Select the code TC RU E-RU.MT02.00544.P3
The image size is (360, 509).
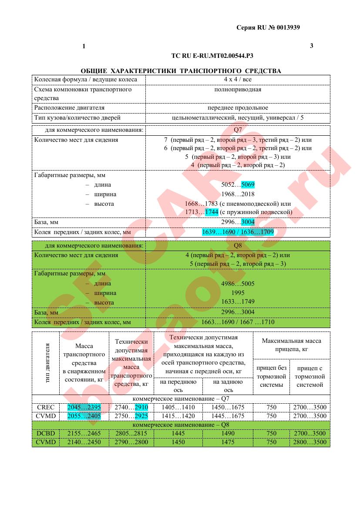point(213,56)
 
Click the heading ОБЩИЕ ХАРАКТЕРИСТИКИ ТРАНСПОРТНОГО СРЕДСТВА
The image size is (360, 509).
point(181,71)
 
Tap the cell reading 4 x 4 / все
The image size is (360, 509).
point(238,80)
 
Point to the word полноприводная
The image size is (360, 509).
point(238,90)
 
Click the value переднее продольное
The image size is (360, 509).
point(238,108)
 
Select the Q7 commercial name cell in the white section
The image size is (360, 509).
point(238,130)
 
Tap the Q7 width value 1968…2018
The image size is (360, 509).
point(238,194)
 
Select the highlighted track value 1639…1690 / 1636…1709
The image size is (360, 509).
point(238,232)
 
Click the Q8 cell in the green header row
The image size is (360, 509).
point(238,246)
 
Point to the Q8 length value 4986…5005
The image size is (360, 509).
point(238,284)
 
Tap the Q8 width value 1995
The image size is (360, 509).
point(238,293)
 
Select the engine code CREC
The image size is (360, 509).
point(46,408)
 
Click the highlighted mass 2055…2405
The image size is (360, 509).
point(84,416)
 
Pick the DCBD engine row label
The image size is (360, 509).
point(46,434)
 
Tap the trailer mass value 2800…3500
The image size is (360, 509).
point(310,442)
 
